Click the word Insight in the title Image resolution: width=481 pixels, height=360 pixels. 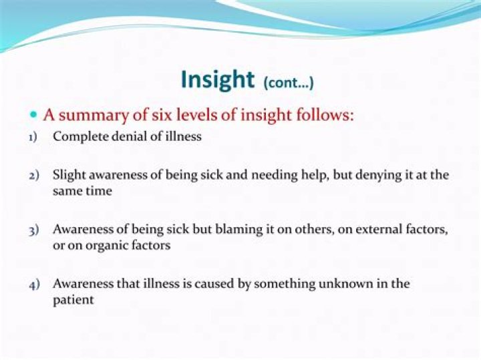[218, 79]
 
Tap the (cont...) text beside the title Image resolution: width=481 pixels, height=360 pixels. [289, 83]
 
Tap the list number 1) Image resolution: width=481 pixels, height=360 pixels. [33, 137]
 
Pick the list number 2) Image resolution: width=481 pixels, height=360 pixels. [34, 176]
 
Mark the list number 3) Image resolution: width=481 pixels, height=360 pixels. [34, 230]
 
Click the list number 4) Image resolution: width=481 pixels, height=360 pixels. [34, 285]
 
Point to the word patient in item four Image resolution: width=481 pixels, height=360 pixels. [73, 301]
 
